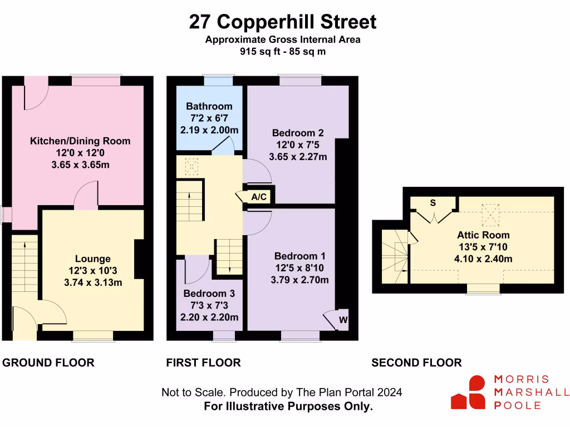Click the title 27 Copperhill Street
pyautogui.click(x=283, y=22)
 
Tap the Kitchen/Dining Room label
pyautogui.click(x=80, y=141)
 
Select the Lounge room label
pyautogui.click(x=93, y=259)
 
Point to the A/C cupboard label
pyautogui.click(x=258, y=197)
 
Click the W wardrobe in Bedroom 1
pyautogui.click(x=343, y=320)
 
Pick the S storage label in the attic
pyautogui.click(x=433, y=202)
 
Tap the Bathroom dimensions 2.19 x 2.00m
pyautogui.click(x=209, y=130)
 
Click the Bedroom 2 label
pyautogui.click(x=298, y=133)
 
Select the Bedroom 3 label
pyautogui.click(x=209, y=294)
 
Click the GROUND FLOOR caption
pyautogui.click(x=48, y=363)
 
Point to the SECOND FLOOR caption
pyautogui.click(x=416, y=363)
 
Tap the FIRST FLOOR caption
pyautogui.click(x=203, y=363)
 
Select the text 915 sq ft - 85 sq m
pyautogui.click(x=283, y=52)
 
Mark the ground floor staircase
pyautogui.click(x=24, y=261)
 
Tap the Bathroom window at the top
pyautogui.click(x=218, y=81)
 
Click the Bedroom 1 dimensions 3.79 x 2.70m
pyautogui.click(x=299, y=280)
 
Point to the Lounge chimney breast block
pyautogui.click(x=139, y=259)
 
